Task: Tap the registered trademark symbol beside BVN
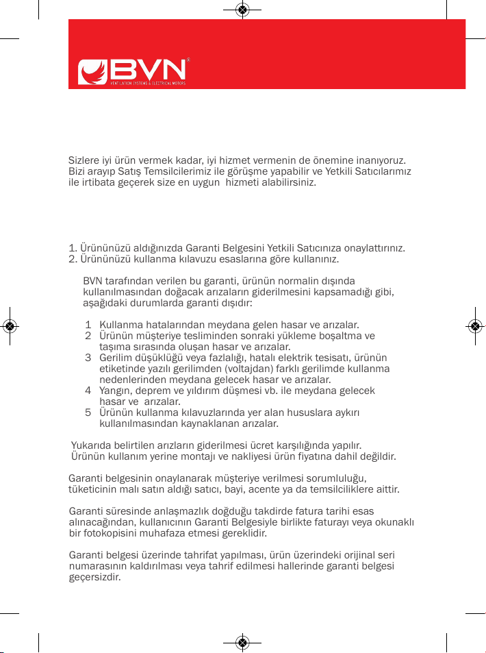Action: coord(188,59)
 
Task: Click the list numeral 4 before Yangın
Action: coord(88,391)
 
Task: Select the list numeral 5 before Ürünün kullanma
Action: coord(88,413)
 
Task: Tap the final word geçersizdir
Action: coord(95,577)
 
